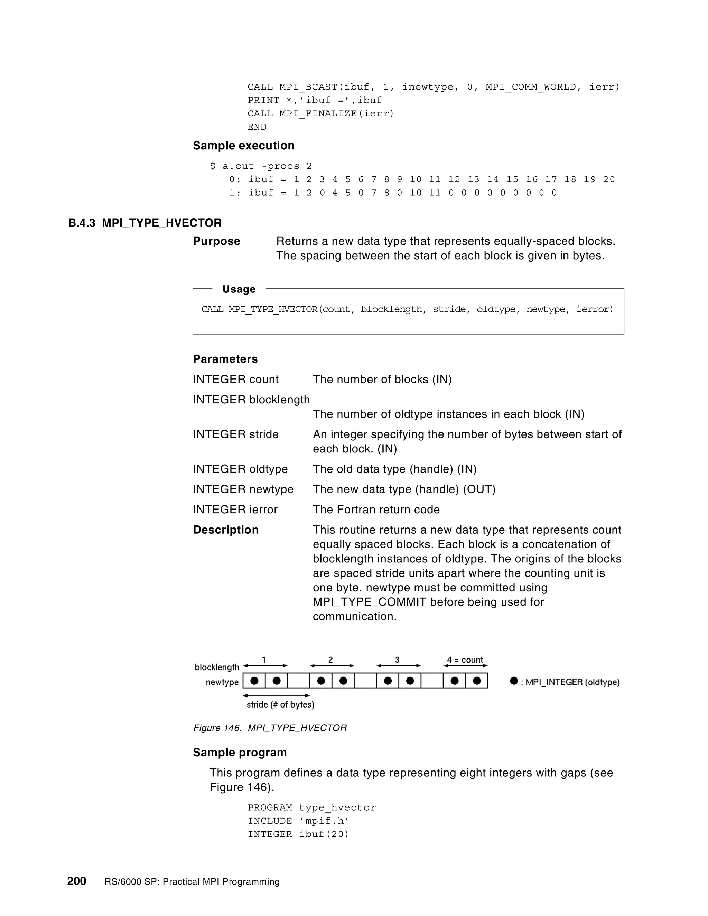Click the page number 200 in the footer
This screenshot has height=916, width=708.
[77, 881]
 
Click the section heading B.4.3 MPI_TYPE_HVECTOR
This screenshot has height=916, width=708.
[145, 223]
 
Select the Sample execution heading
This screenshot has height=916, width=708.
[243, 146]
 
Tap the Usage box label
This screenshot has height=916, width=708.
[239, 289]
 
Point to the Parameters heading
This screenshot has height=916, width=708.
[225, 359]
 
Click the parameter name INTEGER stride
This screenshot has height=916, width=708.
[235, 434]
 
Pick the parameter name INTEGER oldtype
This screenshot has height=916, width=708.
[240, 469]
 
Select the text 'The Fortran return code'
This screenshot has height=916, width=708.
[376, 510]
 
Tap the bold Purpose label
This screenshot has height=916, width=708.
[216, 241]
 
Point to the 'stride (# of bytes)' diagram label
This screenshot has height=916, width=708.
[280, 704]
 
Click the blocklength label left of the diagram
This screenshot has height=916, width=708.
[217, 667]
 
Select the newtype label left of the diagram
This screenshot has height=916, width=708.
[222, 682]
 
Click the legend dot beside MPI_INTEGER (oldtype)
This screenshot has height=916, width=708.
[513, 681]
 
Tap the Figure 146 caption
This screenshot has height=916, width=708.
[270, 728]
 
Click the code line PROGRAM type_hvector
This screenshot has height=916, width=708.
[311, 808]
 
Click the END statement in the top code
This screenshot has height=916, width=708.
[257, 127]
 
